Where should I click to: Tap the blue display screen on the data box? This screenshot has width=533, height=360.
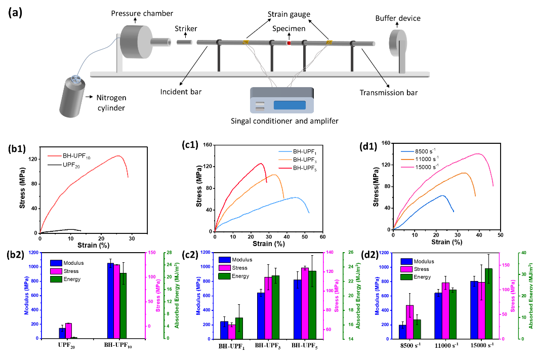point(290,105)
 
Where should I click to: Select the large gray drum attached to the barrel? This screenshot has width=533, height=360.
point(136,42)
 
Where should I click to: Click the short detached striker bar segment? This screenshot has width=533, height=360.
point(185,43)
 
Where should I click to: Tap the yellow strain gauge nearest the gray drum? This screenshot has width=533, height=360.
point(245,43)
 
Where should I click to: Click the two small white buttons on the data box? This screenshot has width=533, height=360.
point(260,105)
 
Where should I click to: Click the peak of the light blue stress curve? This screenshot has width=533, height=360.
point(295,197)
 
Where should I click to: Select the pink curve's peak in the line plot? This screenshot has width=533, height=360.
point(477,153)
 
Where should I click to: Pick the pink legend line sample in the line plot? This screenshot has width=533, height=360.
point(407,167)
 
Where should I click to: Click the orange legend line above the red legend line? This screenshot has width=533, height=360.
point(285,159)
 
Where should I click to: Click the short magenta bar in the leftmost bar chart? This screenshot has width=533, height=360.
point(68,331)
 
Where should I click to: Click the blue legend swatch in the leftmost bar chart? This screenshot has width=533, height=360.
point(56,263)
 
